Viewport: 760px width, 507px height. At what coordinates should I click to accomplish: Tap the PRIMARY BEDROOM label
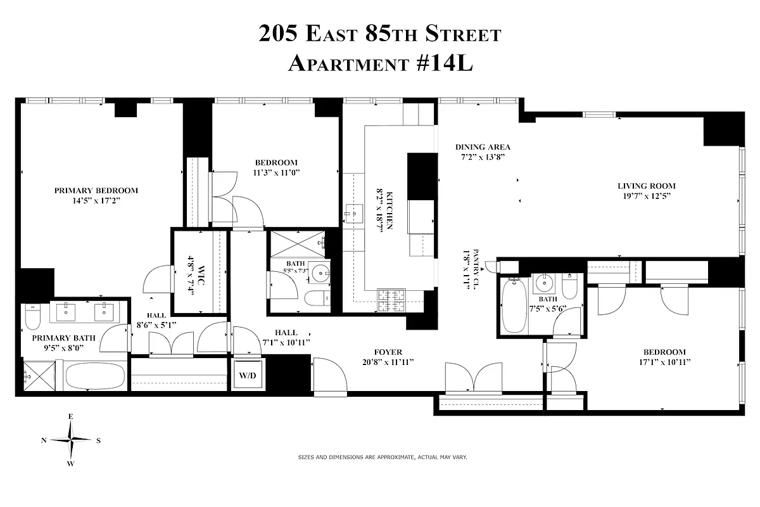tap(96, 190)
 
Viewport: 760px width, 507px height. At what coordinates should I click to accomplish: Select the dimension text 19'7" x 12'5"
tap(647, 196)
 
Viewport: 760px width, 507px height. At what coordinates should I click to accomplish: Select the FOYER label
tap(388, 352)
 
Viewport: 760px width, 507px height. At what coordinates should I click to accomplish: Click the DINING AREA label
tap(483, 147)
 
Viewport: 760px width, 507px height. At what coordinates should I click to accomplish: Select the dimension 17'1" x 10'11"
tap(664, 362)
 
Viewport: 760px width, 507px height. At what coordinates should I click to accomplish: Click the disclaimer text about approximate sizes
tap(382, 456)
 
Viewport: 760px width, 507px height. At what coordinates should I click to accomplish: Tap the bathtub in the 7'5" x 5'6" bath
tap(513, 307)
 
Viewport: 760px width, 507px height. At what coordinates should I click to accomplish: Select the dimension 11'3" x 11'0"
tap(275, 172)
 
